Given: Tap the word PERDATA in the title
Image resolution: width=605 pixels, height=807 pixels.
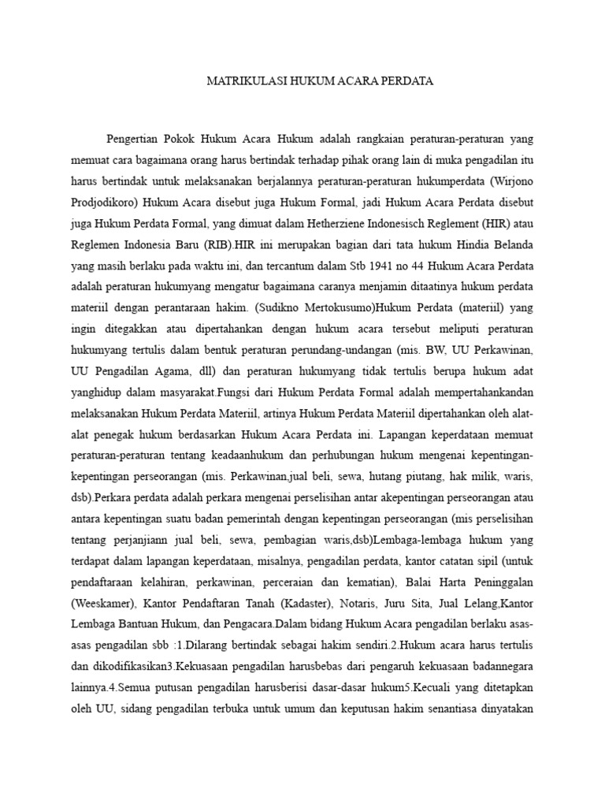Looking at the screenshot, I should coord(404,81).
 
